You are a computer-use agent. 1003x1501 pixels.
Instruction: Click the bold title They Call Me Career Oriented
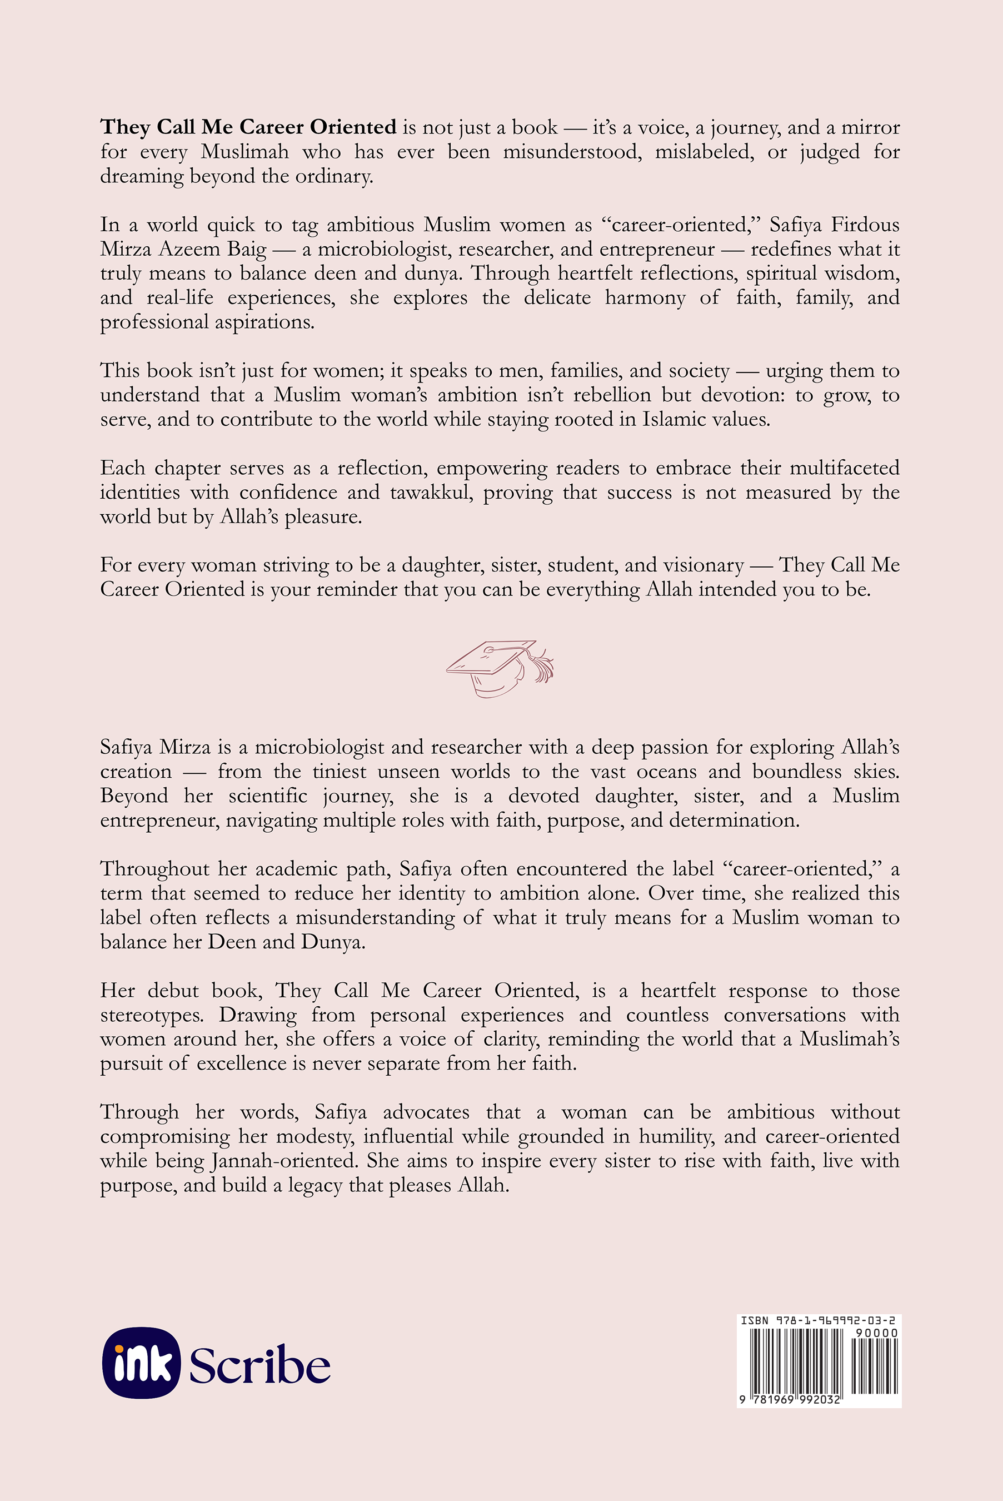coord(248,127)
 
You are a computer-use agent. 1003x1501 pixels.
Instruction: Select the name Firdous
coord(865,225)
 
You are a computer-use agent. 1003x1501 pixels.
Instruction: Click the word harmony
coord(645,297)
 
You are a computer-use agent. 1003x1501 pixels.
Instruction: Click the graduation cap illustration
coord(500,667)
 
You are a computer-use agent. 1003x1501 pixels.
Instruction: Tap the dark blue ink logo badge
coord(141,1363)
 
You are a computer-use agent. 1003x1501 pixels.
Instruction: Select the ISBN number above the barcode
coord(818,1320)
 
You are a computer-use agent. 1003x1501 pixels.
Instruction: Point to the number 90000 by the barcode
coord(876,1333)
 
